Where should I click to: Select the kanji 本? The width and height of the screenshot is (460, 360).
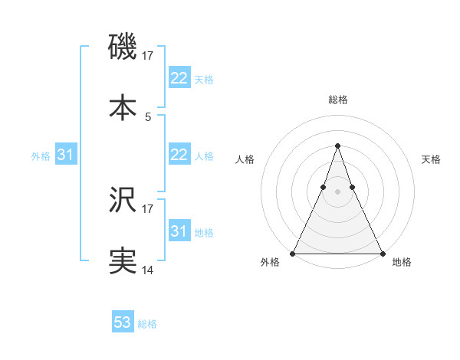(123, 107)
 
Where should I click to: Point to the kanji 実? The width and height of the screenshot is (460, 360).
(123, 261)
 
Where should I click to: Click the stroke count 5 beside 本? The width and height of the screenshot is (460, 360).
(148, 116)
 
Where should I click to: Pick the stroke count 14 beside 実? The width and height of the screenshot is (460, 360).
(148, 270)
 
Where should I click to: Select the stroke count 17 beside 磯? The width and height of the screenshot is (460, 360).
(148, 55)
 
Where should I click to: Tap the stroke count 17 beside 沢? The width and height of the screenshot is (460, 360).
(148, 208)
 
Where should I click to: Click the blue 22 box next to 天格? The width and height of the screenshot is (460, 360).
(179, 78)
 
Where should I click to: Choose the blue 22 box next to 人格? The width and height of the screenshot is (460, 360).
(179, 155)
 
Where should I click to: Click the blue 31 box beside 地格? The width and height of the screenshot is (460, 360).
(179, 231)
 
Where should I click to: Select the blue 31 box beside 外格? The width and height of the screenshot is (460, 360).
(65, 155)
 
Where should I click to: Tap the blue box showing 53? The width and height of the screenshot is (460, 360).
(122, 322)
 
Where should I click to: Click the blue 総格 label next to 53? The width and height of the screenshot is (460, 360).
(147, 324)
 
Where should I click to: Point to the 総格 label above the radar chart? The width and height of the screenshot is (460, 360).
(337, 100)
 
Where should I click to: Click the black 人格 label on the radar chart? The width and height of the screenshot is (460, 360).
(245, 159)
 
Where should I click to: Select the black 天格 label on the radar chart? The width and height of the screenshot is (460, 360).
(431, 159)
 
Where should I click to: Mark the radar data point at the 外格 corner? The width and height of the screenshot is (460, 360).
(294, 253)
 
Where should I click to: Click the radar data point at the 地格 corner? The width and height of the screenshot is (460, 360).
(382, 253)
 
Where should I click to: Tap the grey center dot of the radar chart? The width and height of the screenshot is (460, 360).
(337, 191)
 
